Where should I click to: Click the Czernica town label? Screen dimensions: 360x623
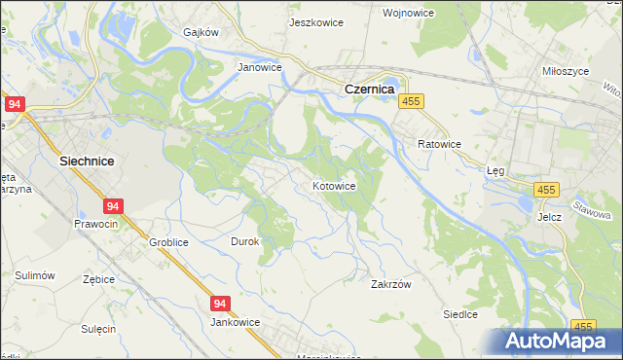pyautogui.click(x=368, y=89)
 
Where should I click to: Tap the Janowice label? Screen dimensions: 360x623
pyautogui.click(x=260, y=68)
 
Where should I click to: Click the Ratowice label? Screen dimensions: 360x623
pyautogui.click(x=439, y=144)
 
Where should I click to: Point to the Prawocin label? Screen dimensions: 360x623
pyautogui.click(x=95, y=224)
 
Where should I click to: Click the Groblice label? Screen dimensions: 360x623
pyautogui.click(x=168, y=241)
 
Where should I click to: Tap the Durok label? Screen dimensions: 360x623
pyautogui.click(x=243, y=241)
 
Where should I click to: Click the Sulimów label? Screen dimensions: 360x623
pyautogui.click(x=33, y=276)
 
